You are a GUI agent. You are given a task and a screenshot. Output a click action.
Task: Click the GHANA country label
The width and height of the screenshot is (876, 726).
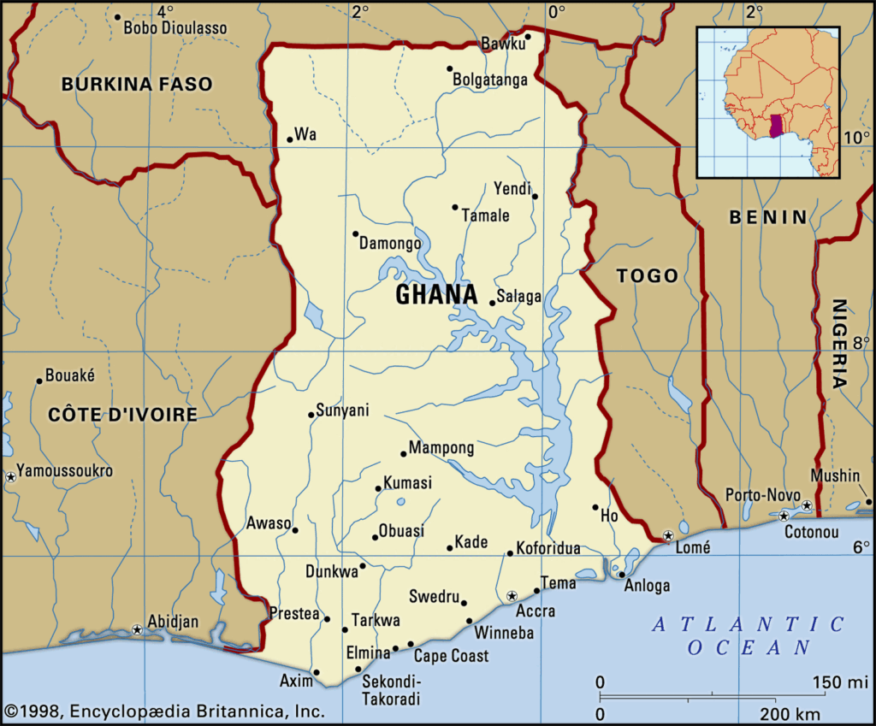tap(436, 295)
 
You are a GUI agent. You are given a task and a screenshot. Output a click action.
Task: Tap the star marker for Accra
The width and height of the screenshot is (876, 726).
tap(512, 595)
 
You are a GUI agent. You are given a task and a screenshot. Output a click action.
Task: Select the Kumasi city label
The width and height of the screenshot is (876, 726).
tap(408, 483)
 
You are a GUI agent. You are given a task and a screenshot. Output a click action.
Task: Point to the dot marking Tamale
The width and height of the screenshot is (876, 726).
tap(455, 207)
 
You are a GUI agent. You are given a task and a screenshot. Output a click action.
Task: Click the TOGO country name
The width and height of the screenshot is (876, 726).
tap(648, 275)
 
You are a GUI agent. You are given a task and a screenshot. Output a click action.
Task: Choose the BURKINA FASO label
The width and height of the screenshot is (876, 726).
tap(137, 84)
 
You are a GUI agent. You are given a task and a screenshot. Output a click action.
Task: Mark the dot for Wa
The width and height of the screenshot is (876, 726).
tap(290, 140)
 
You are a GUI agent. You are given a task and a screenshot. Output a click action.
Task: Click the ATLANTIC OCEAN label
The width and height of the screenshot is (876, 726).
tap(749, 635)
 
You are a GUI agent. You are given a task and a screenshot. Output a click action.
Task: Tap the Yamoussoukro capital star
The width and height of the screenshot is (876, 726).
tap(10, 476)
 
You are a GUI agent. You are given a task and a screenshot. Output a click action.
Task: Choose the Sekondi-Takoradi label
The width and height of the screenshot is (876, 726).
tap(391, 689)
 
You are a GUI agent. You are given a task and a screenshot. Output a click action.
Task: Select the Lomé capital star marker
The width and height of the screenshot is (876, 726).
tap(668, 535)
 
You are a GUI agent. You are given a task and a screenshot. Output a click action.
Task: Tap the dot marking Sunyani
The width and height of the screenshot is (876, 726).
tap(311, 415)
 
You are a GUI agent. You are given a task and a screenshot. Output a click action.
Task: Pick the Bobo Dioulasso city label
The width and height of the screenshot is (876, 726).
tap(175, 28)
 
